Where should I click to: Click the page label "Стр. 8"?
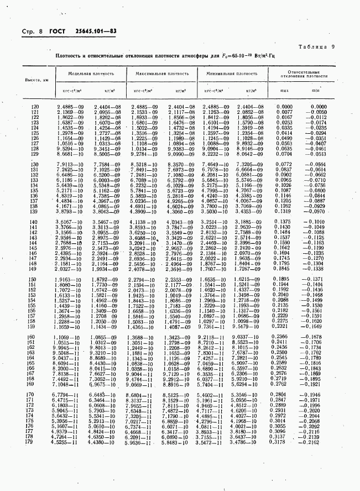click(x=32, y=32)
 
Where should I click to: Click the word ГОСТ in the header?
click(x=58, y=32)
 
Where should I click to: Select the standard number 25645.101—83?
click(x=96, y=32)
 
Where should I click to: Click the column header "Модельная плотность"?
click(x=91, y=73)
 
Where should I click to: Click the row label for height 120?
click(x=36, y=107)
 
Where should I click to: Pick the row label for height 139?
click(x=36, y=212)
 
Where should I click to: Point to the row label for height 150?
click(x=36, y=279)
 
